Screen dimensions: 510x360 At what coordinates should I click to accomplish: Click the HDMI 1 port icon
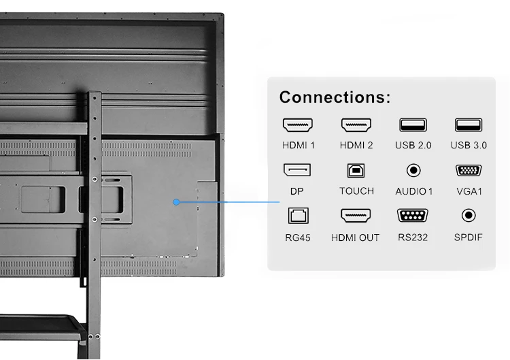pyautogui.click(x=298, y=126)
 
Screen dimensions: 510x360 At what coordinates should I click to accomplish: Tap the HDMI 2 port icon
pyautogui.click(x=356, y=126)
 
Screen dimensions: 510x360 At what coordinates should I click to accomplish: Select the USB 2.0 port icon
pyautogui.click(x=413, y=125)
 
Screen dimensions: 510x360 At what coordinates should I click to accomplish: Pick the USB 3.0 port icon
pyautogui.click(x=469, y=125)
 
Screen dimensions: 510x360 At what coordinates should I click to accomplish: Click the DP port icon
pyautogui.click(x=297, y=170)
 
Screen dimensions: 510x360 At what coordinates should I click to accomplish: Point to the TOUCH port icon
pyautogui.click(x=356, y=170)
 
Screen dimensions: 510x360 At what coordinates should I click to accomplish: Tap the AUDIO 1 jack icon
pyautogui.click(x=413, y=171)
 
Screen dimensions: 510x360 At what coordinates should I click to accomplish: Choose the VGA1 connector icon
pyautogui.click(x=469, y=170)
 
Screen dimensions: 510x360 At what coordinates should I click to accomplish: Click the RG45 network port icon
pyautogui.click(x=297, y=216)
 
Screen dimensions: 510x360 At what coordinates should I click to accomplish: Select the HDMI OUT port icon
pyautogui.click(x=356, y=216)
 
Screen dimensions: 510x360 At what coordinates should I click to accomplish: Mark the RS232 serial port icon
pyautogui.click(x=413, y=216)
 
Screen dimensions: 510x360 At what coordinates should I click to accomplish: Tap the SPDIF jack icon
pyautogui.click(x=469, y=216)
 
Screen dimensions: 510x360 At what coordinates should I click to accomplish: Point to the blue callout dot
pyautogui.click(x=176, y=201)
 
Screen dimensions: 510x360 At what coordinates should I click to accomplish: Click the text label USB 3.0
pyautogui.click(x=469, y=145)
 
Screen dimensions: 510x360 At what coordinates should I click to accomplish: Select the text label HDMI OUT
pyautogui.click(x=355, y=238)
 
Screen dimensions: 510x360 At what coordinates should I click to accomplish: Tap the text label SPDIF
pyautogui.click(x=469, y=238)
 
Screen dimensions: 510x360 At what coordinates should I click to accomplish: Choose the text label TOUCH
pyautogui.click(x=356, y=191)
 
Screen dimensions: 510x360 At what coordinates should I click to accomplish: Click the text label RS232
pyautogui.click(x=413, y=238)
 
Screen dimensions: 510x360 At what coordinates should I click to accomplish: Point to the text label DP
pyautogui.click(x=297, y=191)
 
